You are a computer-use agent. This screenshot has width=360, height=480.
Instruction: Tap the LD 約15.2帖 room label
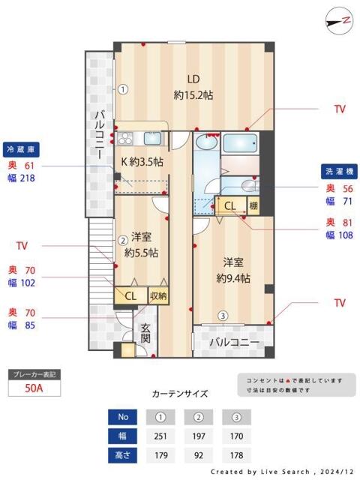(x=193, y=86)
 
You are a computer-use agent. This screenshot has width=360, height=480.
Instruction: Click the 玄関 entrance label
(x=146, y=333)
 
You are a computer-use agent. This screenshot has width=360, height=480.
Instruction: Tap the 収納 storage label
(x=157, y=295)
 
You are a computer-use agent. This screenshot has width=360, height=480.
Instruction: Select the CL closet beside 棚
(x=230, y=205)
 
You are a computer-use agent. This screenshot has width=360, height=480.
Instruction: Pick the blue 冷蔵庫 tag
(x=22, y=148)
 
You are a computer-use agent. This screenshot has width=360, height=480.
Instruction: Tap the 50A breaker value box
(x=33, y=389)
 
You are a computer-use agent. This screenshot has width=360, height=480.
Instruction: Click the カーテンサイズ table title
(x=179, y=393)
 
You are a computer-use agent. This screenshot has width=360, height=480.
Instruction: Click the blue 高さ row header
(x=123, y=454)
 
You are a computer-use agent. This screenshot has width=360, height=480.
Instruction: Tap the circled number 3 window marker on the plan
(x=222, y=316)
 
